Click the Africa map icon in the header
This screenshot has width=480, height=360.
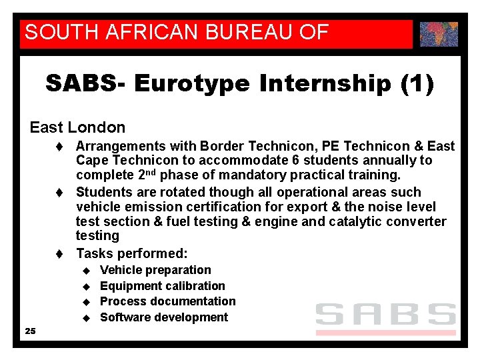point(439,33)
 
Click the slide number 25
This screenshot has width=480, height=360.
point(30,331)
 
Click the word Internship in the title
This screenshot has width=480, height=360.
point(324,84)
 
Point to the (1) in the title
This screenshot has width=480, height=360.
point(417,84)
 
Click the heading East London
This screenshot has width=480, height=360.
point(77,127)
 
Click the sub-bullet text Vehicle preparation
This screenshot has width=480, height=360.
point(155,270)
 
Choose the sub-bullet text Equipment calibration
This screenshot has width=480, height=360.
point(163,286)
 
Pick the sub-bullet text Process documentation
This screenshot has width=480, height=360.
point(168,301)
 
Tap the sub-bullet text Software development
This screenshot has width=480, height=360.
point(164,317)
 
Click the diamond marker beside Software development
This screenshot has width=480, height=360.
point(85,318)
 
